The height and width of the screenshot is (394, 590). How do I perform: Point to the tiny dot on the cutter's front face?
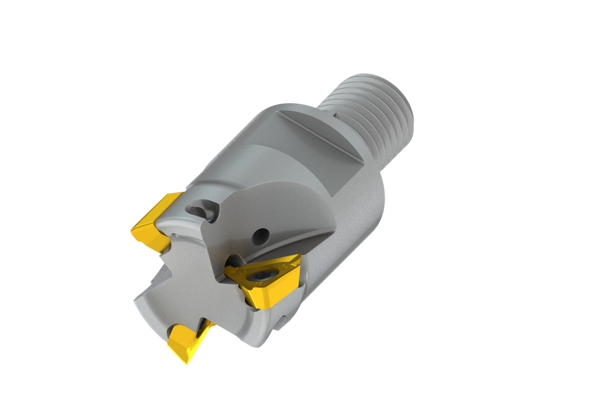pos(175,235)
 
